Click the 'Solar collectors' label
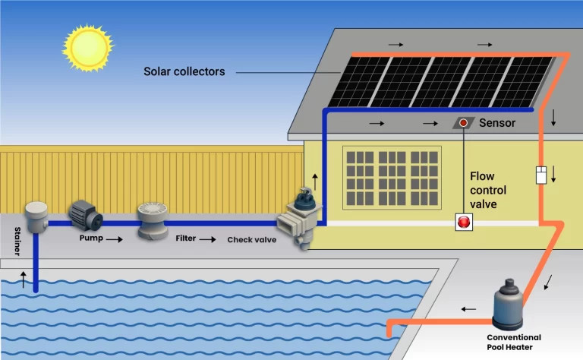pyautogui.click(x=184, y=71)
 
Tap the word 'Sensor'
pyautogui.click(x=497, y=122)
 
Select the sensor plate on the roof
pyautogui.click(x=462, y=122)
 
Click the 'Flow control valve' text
pyautogui.click(x=487, y=190)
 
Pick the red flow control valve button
pyautogui.click(x=463, y=222)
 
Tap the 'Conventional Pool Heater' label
pyautogui.click(x=514, y=342)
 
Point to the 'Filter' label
pyautogui.click(x=185, y=238)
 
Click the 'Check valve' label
pyautogui.click(x=251, y=240)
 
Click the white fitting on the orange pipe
pyautogui.click(x=541, y=175)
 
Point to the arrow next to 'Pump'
pyautogui.click(x=114, y=238)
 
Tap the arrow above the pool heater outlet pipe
pyautogui.click(x=470, y=309)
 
